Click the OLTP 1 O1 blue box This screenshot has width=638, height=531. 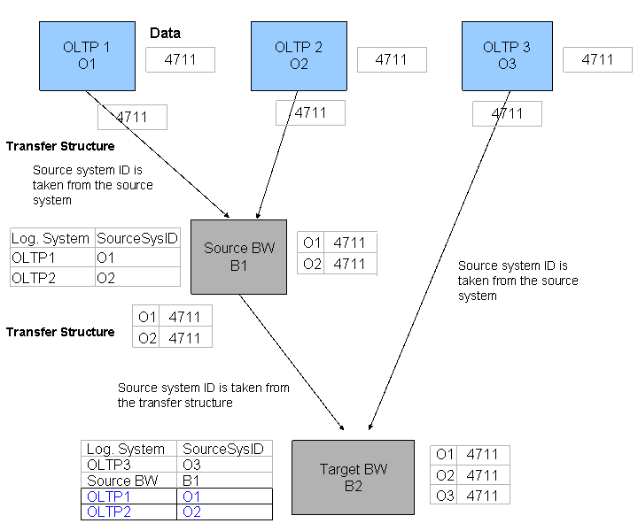(x=87, y=56)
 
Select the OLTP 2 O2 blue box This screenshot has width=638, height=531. (x=299, y=56)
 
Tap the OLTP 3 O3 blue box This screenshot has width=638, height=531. (x=507, y=56)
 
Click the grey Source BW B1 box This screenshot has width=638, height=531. (x=239, y=257)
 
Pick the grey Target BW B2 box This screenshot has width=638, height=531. (x=354, y=477)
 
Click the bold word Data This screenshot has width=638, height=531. (x=165, y=33)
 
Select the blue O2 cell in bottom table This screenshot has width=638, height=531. (x=224, y=512)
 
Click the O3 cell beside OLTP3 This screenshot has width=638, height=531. (x=224, y=465)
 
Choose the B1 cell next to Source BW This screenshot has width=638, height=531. (x=224, y=481)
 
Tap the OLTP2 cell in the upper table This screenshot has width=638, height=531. (x=52, y=278)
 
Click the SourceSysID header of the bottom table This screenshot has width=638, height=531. (x=224, y=449)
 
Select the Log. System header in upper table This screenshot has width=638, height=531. (x=52, y=238)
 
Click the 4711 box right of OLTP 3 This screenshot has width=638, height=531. (x=597, y=59)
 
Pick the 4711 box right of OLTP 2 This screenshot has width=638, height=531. (x=392, y=59)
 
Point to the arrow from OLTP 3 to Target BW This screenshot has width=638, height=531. (x=440, y=260)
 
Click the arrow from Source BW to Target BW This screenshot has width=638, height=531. (x=292, y=362)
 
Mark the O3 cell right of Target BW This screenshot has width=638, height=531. (x=444, y=496)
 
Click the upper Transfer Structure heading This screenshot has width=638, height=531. (x=60, y=146)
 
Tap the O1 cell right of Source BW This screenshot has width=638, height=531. (x=311, y=242)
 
